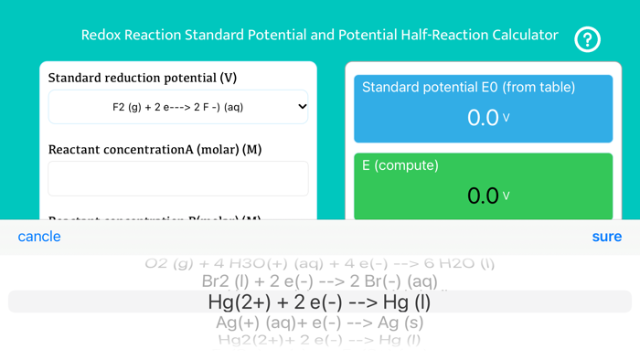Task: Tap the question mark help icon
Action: (587, 39)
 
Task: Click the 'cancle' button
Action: (39, 237)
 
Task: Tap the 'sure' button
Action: (606, 237)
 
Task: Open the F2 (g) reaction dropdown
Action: (178, 107)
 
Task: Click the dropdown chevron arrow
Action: (303, 107)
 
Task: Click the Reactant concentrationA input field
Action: (178, 178)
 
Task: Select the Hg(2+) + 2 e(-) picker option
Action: (319, 302)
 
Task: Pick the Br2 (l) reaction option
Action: (319, 281)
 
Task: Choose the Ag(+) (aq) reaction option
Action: (319, 323)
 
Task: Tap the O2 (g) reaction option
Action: (319, 263)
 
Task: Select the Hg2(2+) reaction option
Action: (319, 340)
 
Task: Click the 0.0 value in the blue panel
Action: (483, 118)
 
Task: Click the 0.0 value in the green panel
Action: (483, 196)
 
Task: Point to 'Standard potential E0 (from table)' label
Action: (469, 88)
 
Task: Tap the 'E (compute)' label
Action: (400, 165)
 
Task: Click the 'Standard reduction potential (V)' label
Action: (142, 79)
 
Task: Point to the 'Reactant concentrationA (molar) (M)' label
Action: (155, 149)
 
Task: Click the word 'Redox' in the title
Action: (101, 36)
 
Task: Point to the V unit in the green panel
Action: (507, 196)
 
